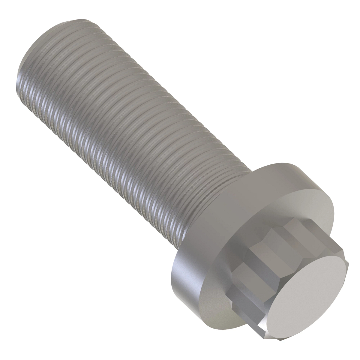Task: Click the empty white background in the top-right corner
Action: click(x=330, y=30)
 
